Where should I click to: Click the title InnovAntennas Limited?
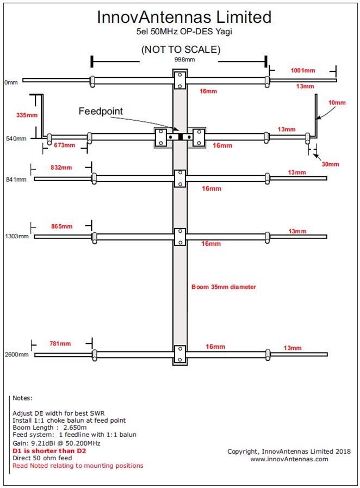(184, 17)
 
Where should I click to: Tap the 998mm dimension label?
(184, 59)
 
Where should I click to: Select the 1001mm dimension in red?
(303, 70)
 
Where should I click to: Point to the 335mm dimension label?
(27, 115)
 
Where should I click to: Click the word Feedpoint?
(101, 111)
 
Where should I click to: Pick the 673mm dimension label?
(64, 145)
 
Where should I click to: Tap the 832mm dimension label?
(61, 168)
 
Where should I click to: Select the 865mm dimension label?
(62, 226)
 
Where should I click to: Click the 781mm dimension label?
(60, 344)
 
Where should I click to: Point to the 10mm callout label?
(337, 102)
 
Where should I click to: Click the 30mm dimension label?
(331, 164)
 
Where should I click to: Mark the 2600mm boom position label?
(16, 355)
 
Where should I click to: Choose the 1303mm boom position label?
(16, 236)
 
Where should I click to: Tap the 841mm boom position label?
(16, 180)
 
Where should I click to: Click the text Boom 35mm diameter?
(224, 287)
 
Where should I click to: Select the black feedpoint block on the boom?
(181, 137)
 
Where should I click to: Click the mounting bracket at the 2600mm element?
(180, 355)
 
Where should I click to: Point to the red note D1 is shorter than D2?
(49, 451)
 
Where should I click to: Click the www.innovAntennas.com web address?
(289, 459)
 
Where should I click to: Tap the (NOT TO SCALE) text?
(181, 49)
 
